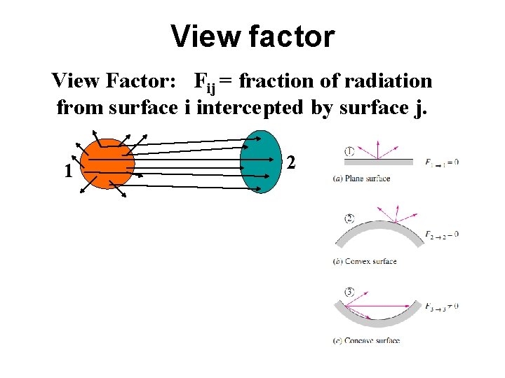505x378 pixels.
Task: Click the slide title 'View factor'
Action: (252, 36)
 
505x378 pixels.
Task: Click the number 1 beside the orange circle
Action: (67, 171)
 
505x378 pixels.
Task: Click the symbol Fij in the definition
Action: (205, 83)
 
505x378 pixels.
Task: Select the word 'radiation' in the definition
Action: (389, 81)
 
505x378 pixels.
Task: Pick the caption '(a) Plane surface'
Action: (361, 178)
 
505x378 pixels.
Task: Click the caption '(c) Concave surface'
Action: (367, 340)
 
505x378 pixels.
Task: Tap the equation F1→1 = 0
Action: (441, 162)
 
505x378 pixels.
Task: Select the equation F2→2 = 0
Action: (441, 234)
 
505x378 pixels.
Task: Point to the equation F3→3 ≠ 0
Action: (441, 306)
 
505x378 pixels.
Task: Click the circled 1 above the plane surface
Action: (349, 150)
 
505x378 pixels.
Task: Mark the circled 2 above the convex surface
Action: (349, 218)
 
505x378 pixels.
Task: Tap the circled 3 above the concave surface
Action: (349, 291)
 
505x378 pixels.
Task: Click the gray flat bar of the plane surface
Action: (379, 162)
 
